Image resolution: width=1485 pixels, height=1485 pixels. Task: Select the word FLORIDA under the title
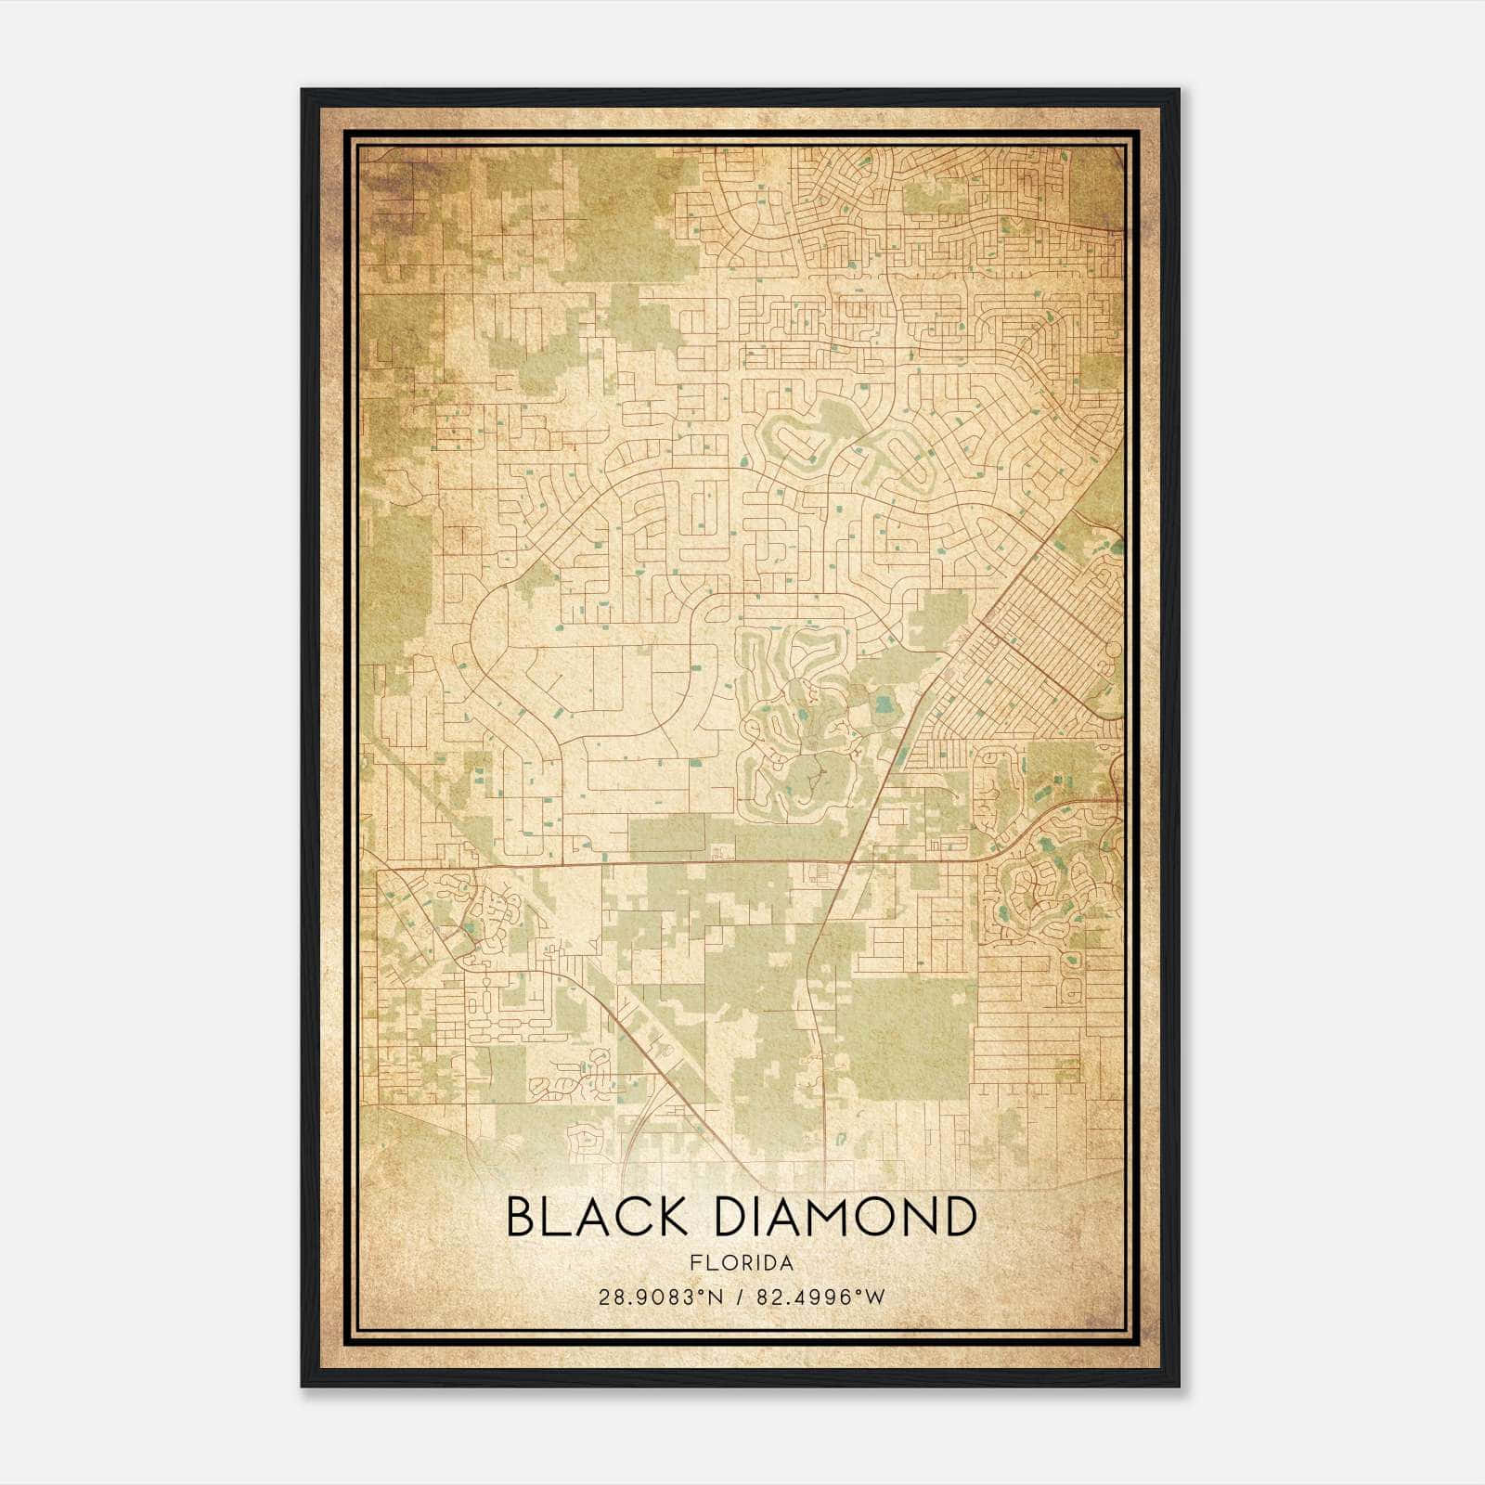742,1263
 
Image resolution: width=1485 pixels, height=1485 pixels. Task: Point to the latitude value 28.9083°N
660,1297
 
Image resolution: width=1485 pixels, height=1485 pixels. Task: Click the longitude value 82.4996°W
821,1297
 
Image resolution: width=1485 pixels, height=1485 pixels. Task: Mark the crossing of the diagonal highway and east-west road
849,863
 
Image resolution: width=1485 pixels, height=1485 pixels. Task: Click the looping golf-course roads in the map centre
798,733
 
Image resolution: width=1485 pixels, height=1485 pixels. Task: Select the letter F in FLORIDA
694,1263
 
